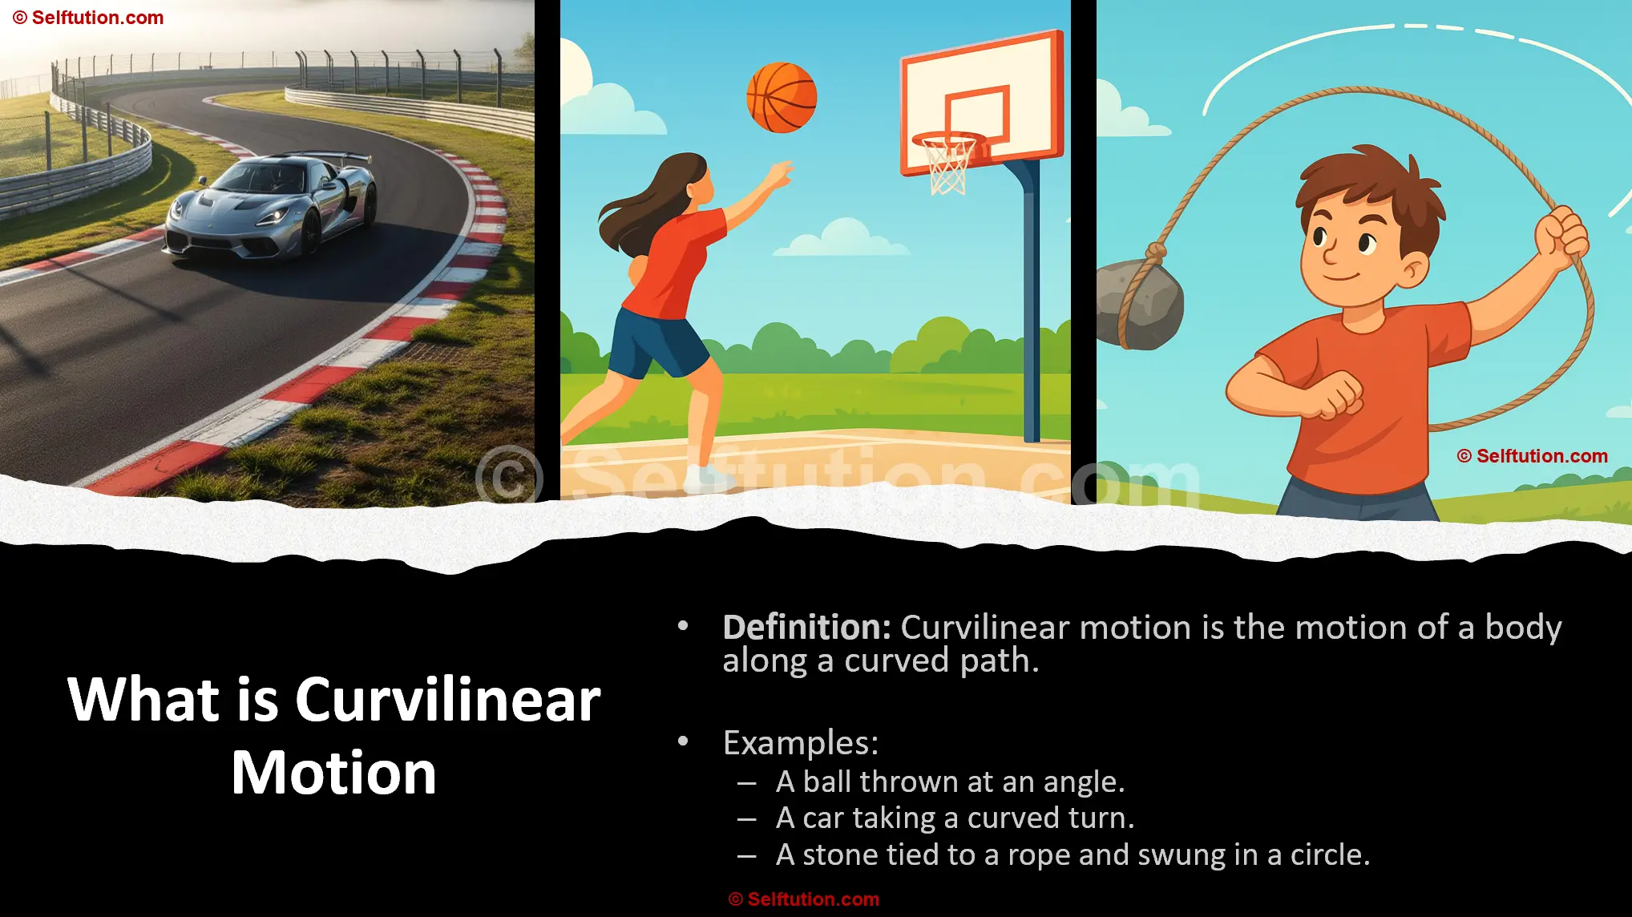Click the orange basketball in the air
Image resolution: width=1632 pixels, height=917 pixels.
pos(782,97)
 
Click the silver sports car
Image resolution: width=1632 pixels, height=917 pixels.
pos(272,206)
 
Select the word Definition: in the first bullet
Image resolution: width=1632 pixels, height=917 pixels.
pos(806,628)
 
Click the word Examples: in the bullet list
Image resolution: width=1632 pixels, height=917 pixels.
pos(800,743)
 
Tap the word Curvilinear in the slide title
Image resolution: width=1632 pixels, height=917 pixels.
pos(447,700)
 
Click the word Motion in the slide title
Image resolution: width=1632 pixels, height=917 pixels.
pos(333,774)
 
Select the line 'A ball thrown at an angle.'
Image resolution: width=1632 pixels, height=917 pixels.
pos(950,782)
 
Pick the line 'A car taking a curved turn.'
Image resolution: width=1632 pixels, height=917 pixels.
pos(955,818)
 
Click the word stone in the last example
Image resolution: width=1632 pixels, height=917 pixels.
pos(838,855)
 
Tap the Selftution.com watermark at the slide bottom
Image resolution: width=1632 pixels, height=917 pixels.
pos(803,899)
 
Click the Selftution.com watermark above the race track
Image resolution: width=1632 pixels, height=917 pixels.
pos(88,18)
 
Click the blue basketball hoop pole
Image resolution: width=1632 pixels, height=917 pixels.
pos(1031,305)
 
